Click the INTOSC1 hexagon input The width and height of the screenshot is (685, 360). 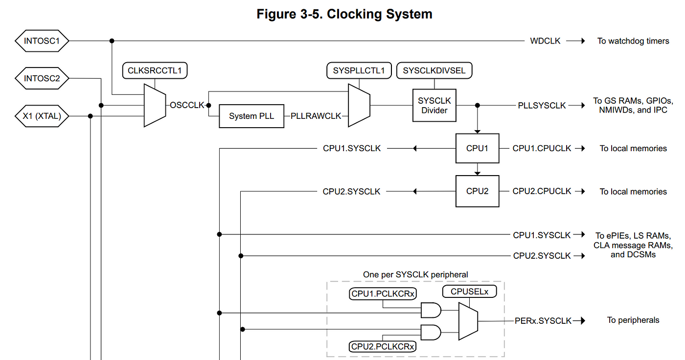tap(42, 41)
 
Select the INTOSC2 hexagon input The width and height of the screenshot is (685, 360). tap(42, 78)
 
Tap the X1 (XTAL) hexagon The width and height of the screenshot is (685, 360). tap(42, 116)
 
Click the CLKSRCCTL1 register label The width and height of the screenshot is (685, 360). tap(155, 70)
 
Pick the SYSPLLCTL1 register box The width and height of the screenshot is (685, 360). tap(359, 70)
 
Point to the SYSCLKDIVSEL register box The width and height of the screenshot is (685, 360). tap(434, 70)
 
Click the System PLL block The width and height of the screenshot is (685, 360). tap(251, 116)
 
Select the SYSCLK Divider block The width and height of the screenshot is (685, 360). tap(434, 106)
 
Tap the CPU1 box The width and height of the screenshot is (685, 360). tap(478, 148)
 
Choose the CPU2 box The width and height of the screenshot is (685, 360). tap(478, 191)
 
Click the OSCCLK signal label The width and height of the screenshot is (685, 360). tap(187, 105)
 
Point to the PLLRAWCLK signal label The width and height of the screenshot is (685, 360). tap(316, 116)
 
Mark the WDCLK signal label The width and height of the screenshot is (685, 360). tap(545, 41)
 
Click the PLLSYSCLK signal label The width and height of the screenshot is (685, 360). tap(542, 106)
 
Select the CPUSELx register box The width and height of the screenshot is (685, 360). tap(469, 292)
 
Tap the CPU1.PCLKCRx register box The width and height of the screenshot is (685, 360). tap(383, 293)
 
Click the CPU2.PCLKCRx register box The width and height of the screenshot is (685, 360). tap(383, 347)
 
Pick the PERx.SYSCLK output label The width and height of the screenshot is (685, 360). tap(543, 321)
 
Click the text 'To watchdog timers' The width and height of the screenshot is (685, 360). tap(633, 41)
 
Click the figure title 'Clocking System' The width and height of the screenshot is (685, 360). tap(380, 14)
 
